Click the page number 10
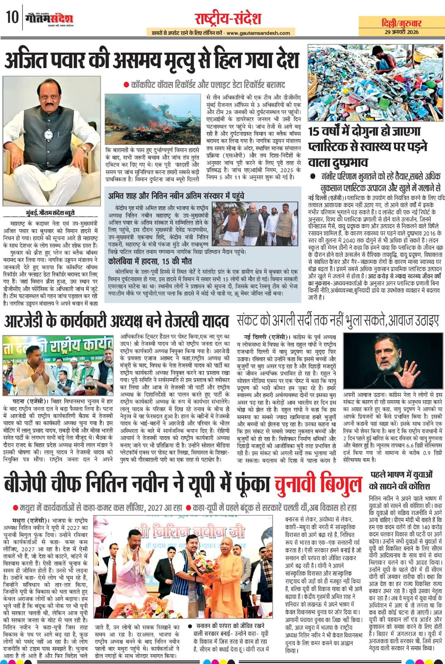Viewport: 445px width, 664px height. [11, 18]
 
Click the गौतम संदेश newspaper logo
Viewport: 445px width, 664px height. [49, 18]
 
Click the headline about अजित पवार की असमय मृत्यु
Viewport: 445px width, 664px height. [152, 60]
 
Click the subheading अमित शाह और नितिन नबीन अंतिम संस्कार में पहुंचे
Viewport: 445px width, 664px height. [176, 195]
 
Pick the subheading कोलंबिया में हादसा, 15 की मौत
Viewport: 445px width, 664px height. [150, 261]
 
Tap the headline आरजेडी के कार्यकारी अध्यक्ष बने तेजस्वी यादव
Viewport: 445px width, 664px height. [116, 321]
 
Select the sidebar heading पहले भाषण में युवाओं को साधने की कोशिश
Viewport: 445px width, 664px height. [400, 480]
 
